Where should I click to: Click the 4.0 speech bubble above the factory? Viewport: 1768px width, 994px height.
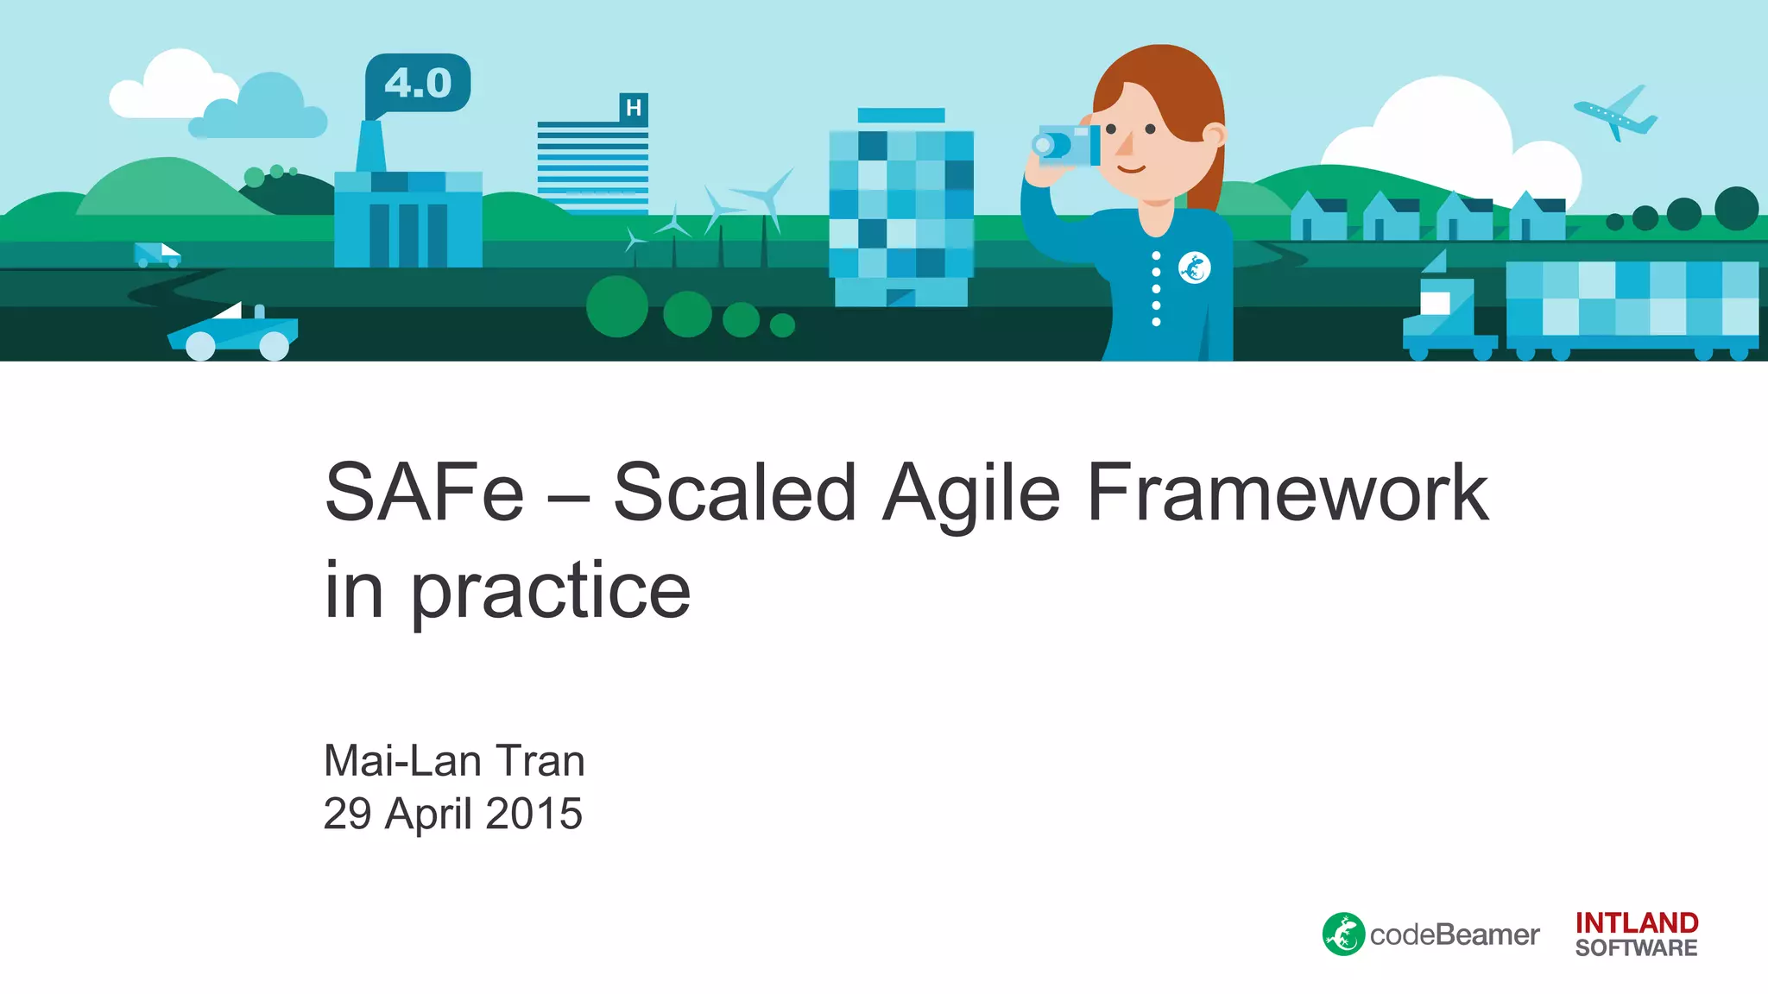click(x=418, y=83)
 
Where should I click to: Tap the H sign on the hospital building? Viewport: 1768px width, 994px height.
click(x=634, y=108)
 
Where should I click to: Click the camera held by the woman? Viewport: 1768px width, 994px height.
click(x=1067, y=145)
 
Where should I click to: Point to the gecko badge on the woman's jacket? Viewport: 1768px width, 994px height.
click(x=1194, y=268)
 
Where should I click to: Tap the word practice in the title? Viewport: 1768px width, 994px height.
click(x=550, y=591)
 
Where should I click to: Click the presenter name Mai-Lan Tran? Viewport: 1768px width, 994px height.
click(x=454, y=761)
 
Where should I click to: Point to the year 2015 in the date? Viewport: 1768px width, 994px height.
click(x=534, y=814)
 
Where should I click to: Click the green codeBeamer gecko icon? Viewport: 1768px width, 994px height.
click(x=1343, y=934)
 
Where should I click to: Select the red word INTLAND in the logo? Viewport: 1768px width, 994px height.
click(x=1636, y=923)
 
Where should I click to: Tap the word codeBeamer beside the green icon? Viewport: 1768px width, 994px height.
click(x=1455, y=935)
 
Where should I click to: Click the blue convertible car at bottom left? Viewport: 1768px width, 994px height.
click(x=233, y=334)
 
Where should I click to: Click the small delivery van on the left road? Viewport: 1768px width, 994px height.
click(x=156, y=255)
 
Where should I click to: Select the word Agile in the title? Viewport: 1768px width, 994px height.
click(x=970, y=494)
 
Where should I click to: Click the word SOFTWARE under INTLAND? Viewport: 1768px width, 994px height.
click(x=1636, y=948)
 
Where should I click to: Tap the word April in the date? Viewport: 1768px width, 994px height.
click(x=428, y=814)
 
